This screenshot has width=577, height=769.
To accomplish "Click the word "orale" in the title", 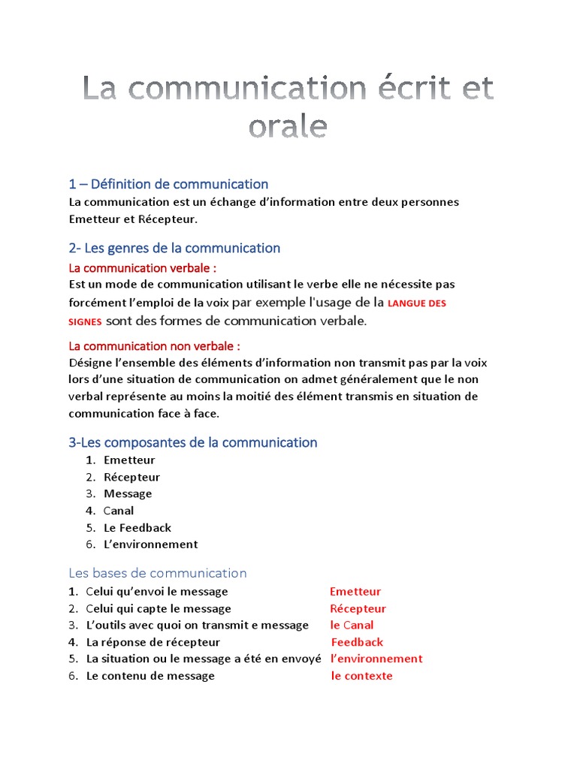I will tap(288, 126).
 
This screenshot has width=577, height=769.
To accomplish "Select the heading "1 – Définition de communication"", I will tap(168, 184).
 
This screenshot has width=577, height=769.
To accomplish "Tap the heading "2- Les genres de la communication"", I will tap(174, 248).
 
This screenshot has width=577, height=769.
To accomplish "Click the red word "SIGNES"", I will tap(85, 321).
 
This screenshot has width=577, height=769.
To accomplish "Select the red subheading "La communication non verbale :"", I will tap(155, 346).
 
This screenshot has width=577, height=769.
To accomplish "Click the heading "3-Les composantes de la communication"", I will tap(193, 442).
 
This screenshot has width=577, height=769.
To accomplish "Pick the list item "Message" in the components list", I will tap(128, 493).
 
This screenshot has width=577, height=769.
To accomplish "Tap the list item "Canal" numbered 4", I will tap(119, 511).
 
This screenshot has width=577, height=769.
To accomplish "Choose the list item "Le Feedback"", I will tap(137, 527).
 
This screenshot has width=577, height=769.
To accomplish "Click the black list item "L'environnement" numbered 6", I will tap(150, 544).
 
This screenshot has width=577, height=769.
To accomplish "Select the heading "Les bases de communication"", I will tap(158, 573).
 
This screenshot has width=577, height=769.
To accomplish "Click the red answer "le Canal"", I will tap(352, 625).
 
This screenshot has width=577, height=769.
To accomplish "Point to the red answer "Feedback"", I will tap(357, 642).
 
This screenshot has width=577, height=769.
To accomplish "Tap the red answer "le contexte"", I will tap(361, 676).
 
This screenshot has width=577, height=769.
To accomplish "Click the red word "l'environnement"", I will tap(376, 659).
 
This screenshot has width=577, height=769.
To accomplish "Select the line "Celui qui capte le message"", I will tap(159, 608).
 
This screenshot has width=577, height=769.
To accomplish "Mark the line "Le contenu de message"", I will tap(150, 676).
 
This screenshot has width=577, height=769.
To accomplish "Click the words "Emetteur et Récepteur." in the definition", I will tap(132, 219).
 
